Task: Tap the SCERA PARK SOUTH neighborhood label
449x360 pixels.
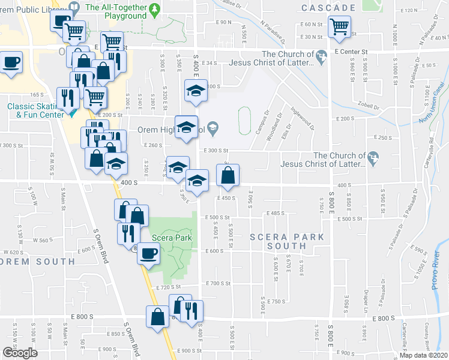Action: pyautogui.click(x=287, y=242)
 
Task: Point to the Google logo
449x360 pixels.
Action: pyautogui.click(x=19, y=353)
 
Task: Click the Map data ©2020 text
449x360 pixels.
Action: pyautogui.click(x=424, y=355)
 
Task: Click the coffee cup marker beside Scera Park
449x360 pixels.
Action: pyautogui.click(x=148, y=253)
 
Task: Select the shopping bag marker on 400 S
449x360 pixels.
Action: pyautogui.click(x=228, y=176)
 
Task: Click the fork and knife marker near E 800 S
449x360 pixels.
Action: pyautogui.click(x=192, y=310)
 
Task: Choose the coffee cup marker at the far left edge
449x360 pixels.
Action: pyautogui.click(x=11, y=62)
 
